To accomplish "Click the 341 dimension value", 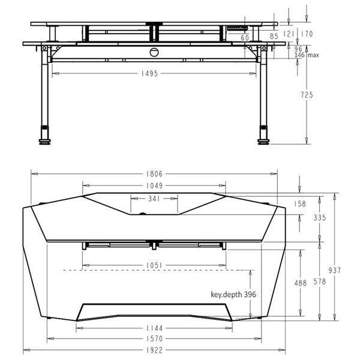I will [x=153, y=199].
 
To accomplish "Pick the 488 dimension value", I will [x=300, y=282].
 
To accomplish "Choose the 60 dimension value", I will [x=245, y=38].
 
